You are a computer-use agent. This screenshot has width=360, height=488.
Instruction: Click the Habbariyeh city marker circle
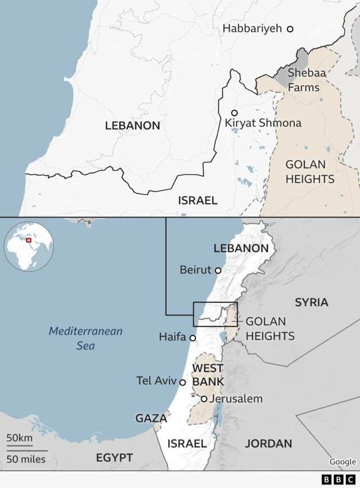click(290, 29)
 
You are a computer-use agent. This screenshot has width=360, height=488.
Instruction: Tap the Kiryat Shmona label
click(263, 123)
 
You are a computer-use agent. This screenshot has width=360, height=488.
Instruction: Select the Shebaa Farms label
click(304, 80)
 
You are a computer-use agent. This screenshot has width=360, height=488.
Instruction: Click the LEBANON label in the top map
click(133, 126)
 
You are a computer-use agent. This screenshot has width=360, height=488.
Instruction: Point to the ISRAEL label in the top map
click(197, 200)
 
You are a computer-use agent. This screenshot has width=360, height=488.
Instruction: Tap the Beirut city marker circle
click(218, 270)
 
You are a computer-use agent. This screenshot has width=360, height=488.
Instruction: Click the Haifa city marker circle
click(193, 338)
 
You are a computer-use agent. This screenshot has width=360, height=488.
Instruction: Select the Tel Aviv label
click(156, 381)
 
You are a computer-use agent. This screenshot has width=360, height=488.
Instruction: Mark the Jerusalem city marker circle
click(204, 399)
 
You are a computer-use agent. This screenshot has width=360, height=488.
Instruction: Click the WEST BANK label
click(208, 375)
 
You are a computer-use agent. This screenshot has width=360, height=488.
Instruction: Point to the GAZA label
click(151, 418)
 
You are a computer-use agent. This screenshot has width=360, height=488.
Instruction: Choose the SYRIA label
click(311, 302)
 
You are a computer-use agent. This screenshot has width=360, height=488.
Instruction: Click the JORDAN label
click(268, 444)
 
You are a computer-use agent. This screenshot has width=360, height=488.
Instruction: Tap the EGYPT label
click(114, 456)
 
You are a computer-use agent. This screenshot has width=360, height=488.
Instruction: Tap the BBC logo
click(334, 480)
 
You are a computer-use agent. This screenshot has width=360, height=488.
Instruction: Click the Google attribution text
click(343, 462)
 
